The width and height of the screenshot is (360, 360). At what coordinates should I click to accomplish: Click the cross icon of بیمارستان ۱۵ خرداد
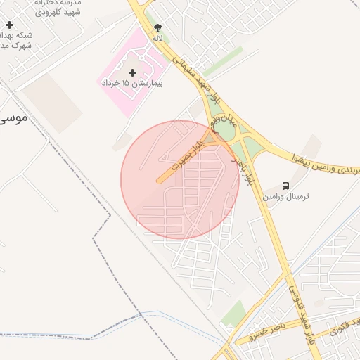coord(132,72)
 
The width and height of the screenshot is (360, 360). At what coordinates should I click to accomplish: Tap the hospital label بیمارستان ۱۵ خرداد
coord(132,83)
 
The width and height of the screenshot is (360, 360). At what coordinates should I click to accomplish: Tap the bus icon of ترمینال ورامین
coord(285,186)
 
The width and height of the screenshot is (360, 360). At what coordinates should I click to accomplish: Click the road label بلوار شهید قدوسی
coord(300,310)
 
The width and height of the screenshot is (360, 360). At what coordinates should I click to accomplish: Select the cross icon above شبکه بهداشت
coord(9,25)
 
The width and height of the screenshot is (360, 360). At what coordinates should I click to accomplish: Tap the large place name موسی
coord(14,117)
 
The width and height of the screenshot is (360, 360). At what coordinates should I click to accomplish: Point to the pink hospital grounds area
coord(116,98)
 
